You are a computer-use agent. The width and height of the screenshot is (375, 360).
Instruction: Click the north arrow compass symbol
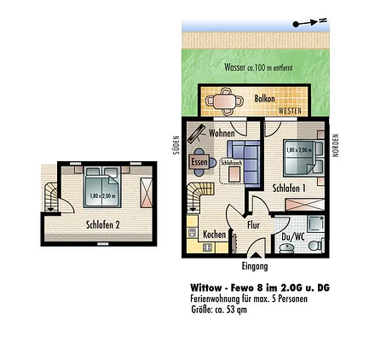click(309, 24)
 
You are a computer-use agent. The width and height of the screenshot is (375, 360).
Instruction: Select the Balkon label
click(264, 98)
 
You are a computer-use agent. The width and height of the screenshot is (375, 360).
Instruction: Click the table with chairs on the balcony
click(224, 102)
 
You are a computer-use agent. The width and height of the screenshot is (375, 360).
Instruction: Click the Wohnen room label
click(222, 133)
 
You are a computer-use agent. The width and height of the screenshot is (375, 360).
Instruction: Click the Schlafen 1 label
click(289, 185)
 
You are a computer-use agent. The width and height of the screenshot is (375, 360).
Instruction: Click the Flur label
click(253, 224)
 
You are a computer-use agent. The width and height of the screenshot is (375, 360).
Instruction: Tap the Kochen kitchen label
click(214, 234)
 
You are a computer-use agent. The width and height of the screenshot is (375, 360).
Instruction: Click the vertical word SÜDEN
click(176, 145)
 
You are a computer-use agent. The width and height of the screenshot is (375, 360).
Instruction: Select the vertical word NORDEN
click(335, 145)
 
